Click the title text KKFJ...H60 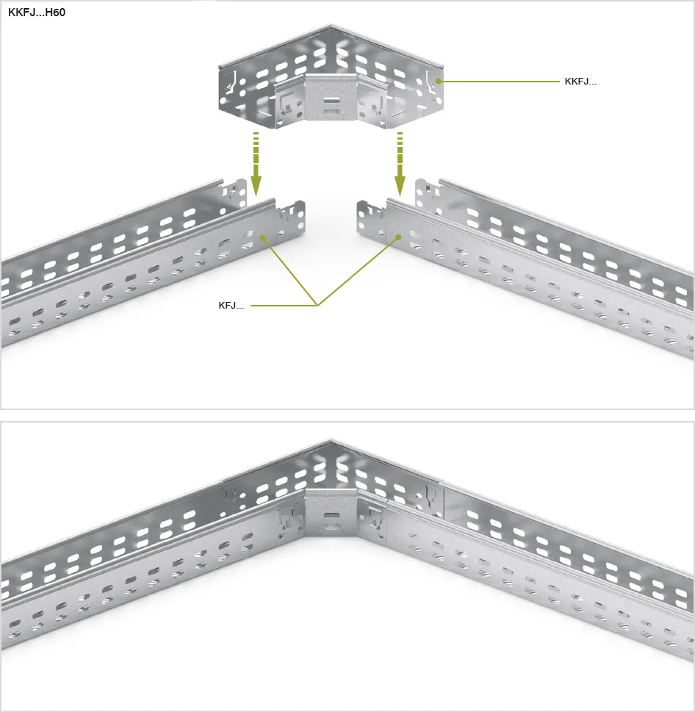coord(37,12)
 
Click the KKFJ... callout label coord(580,82)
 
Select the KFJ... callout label coord(231,306)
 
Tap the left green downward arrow coord(256,164)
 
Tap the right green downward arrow coord(400,164)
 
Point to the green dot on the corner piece coord(439,81)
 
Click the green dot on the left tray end coord(262,237)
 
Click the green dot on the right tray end coord(398,237)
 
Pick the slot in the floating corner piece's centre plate coord(331,98)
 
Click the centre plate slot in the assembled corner coord(331,516)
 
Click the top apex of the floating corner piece coord(331,26)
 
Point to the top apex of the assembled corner coord(331,439)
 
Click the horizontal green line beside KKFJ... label coord(500,82)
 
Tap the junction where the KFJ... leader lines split coord(317,306)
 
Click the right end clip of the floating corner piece coord(431,83)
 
